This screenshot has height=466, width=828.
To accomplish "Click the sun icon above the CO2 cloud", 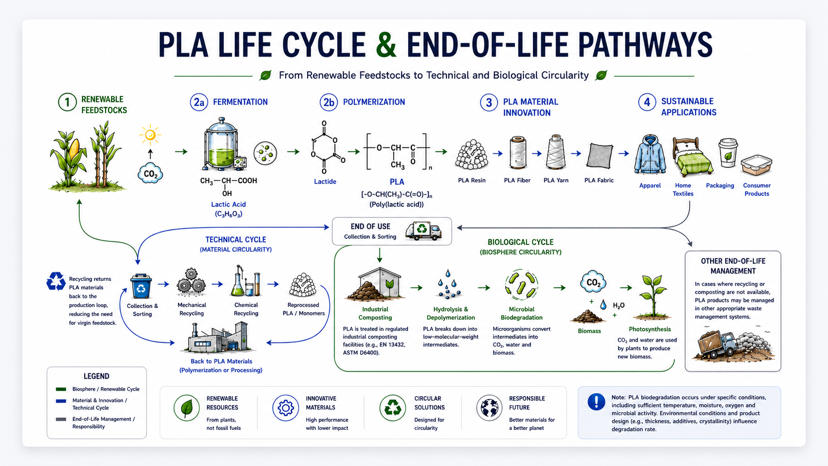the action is point(150,135).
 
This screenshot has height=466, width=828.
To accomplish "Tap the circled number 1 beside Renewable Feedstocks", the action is point(67,103).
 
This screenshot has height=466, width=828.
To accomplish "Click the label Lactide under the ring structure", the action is point(325,181).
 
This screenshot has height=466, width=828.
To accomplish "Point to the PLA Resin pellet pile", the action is point(471,155).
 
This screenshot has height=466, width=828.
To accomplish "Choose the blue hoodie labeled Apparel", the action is point(650,155).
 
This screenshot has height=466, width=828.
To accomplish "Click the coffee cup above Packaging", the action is point(728,153).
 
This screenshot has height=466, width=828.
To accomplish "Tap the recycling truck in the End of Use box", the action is point(423,231).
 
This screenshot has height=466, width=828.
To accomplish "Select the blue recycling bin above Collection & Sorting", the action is point(141,286).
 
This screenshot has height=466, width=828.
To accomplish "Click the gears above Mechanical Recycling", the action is point(191,282).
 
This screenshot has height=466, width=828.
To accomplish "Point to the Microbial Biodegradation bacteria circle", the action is point(521,285).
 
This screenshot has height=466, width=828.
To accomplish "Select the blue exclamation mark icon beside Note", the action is point(596,401).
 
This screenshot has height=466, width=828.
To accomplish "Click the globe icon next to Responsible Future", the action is point(489,408).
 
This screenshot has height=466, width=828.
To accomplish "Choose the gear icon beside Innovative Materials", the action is point(285,408).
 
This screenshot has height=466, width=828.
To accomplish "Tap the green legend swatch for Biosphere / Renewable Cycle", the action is point(61,389).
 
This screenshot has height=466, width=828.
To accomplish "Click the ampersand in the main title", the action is point(386,45).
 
